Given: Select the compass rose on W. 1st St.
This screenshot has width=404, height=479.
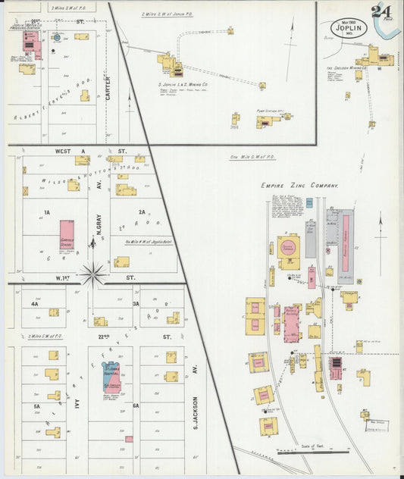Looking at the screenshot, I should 92,273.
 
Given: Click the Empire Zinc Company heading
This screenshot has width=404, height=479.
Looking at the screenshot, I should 299,185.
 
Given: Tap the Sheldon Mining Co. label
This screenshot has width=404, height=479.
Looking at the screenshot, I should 346,68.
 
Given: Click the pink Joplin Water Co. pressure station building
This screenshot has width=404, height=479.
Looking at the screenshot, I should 33,42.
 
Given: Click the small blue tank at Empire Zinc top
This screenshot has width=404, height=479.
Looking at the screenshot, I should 309,202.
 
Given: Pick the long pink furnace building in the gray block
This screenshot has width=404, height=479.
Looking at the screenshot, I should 346,239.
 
